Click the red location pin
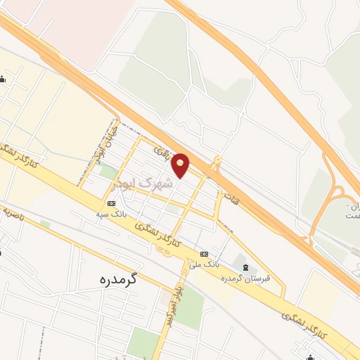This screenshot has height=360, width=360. [181, 164]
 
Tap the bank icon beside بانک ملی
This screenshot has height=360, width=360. [205, 255]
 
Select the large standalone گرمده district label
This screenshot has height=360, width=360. [117, 278]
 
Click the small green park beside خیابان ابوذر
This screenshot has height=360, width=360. [108, 170]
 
